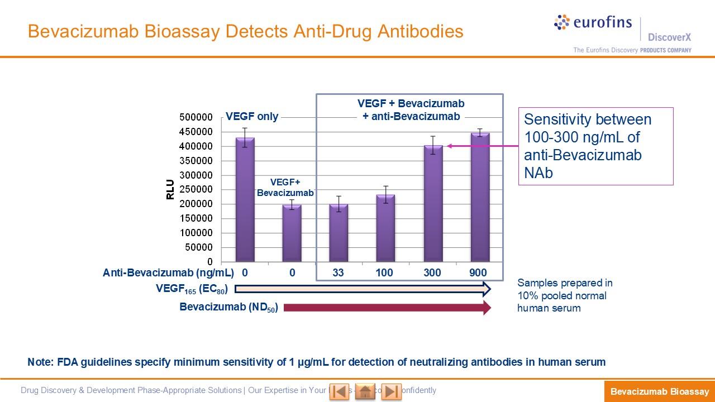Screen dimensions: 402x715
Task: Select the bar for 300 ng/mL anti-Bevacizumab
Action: click(433, 203)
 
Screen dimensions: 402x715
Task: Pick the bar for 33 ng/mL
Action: click(339, 232)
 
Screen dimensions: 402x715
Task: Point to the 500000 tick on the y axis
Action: click(196, 117)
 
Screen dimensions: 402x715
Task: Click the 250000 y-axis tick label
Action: click(196, 190)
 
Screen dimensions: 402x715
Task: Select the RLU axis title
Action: click(170, 189)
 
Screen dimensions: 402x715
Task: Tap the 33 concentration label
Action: click(338, 273)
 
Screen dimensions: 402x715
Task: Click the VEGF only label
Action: click(252, 117)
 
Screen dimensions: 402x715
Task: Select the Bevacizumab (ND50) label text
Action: click(229, 307)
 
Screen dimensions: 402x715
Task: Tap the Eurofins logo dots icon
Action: click(562, 22)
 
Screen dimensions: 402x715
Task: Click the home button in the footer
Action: click(365, 391)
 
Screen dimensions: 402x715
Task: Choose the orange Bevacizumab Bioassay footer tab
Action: click(659, 392)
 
